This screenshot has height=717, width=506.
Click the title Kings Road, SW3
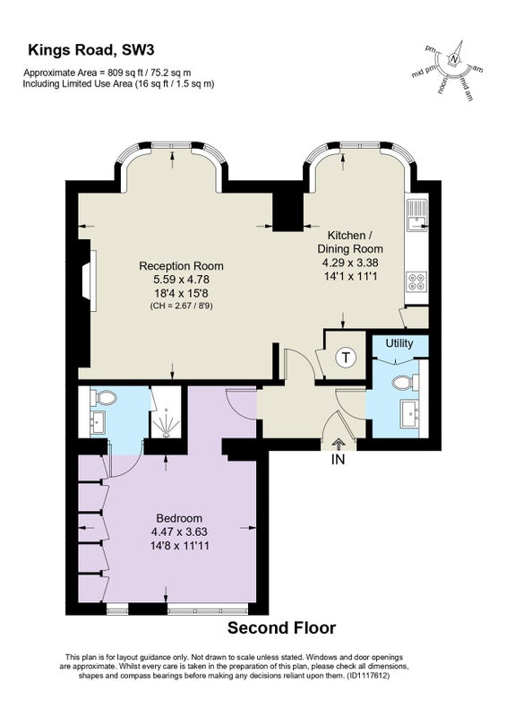point(91,49)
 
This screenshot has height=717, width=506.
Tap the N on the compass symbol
point(453,59)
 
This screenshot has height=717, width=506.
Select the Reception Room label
point(181,265)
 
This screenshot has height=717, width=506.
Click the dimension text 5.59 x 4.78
point(182,280)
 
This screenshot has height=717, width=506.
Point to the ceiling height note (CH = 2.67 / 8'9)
point(182,306)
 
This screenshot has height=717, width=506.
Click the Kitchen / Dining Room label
point(350,242)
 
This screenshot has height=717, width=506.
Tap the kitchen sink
point(416,215)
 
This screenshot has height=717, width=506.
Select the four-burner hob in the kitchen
point(416,281)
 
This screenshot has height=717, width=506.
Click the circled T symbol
point(346,358)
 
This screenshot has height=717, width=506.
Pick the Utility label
point(399,343)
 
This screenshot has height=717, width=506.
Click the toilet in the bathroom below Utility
point(405,383)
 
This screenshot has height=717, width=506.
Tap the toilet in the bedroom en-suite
point(103,397)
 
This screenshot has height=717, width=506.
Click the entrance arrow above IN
point(339,444)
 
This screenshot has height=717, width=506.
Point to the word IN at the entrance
point(338,459)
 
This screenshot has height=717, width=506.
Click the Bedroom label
point(179,518)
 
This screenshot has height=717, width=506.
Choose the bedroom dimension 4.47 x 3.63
point(179,531)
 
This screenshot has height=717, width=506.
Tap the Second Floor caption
point(281,628)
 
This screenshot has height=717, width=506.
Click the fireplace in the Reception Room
point(90,281)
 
